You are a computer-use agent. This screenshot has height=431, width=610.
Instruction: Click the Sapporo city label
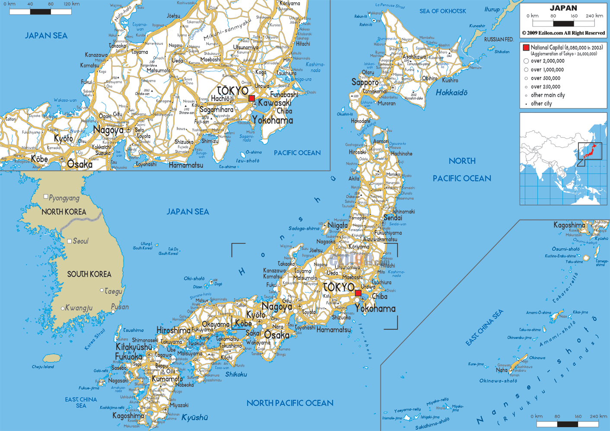coord(365,82)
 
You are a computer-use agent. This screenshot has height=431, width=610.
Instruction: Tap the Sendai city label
coord(393,218)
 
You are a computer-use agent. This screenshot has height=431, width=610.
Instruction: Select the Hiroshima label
coord(173,330)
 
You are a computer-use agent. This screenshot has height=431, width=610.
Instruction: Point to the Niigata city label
coord(337,225)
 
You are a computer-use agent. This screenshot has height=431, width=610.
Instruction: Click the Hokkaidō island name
coord(451,93)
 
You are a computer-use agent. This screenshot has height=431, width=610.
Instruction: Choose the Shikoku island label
coord(236,374)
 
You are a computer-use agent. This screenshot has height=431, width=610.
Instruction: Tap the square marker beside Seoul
coord(69,241)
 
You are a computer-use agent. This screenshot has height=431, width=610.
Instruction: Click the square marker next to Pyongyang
coord(46,197)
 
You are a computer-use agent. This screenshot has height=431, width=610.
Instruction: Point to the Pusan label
coord(120,307)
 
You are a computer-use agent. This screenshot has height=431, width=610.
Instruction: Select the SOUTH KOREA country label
coord(89,274)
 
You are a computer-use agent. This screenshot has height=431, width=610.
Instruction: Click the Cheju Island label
coord(43,367)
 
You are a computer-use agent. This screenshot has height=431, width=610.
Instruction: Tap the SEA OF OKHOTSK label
coord(442,11)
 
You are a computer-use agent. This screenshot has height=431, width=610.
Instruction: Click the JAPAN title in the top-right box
coord(563,8)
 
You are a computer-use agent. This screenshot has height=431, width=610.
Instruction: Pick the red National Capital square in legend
coord(526,48)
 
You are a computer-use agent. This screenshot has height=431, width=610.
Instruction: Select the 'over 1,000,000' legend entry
coord(547,70)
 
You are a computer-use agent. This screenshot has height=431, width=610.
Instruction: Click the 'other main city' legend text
coord(547,95)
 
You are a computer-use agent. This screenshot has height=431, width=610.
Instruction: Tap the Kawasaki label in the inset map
coord(274,103)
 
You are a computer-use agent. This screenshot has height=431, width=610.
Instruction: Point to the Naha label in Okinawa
coord(502,370)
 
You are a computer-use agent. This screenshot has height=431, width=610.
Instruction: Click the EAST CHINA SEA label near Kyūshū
coord(81,402)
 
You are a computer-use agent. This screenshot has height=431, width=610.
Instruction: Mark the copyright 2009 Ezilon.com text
coord(563,33)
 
